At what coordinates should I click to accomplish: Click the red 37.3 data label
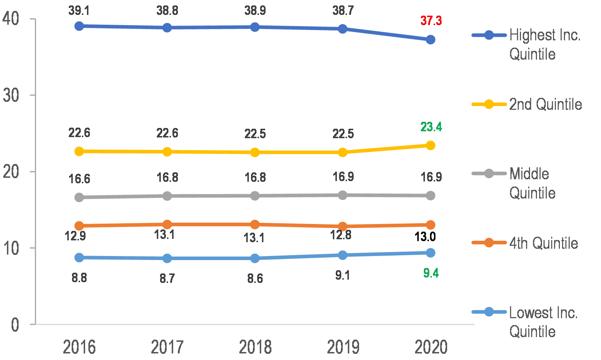click(431, 21)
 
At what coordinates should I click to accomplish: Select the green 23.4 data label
click(431, 127)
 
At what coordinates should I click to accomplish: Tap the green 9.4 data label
click(431, 273)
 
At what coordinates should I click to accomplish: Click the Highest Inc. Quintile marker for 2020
click(430, 40)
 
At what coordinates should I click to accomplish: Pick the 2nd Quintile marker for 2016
click(79, 151)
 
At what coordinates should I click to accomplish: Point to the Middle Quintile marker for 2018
click(255, 196)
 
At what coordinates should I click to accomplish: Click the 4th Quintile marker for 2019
click(343, 226)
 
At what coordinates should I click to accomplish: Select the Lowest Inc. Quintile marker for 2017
click(167, 258)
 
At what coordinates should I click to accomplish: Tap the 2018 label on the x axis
click(255, 347)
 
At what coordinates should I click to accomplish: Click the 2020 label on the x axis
click(431, 347)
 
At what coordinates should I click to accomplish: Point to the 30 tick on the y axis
click(11, 95)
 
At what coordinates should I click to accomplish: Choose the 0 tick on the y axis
click(15, 324)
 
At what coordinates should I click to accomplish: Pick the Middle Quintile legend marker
click(489, 173)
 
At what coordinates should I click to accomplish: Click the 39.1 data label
click(79, 11)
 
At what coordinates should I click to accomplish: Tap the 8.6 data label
click(255, 279)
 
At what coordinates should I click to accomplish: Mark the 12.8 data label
click(341, 235)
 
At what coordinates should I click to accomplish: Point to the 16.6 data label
click(79, 179)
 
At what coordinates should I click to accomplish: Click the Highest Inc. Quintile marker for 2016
click(79, 26)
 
